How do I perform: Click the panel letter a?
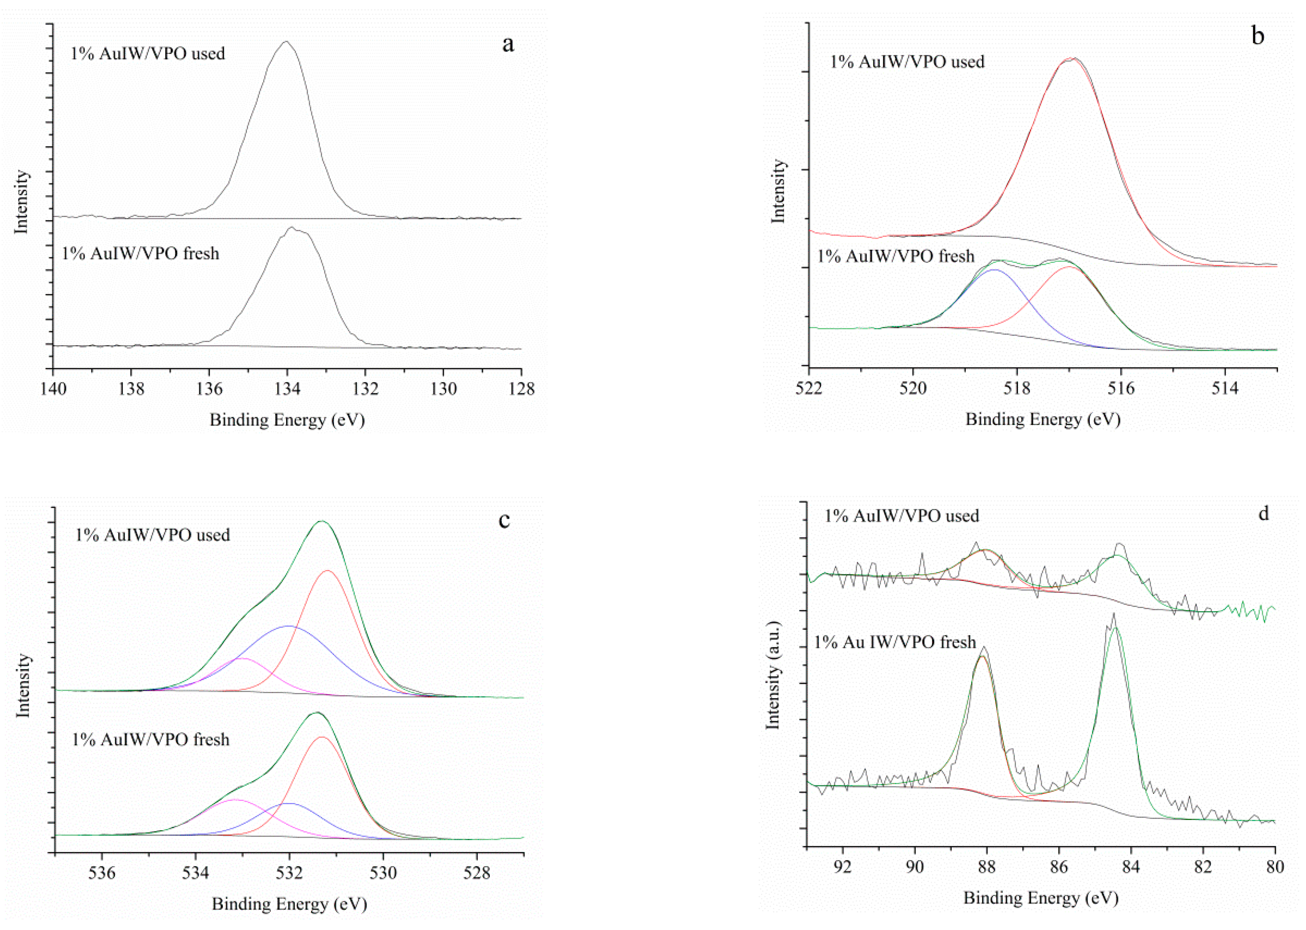coord(508,44)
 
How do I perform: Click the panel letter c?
coord(504,520)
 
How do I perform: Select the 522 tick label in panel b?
coord(809,389)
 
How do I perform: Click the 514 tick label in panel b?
coord(1224,389)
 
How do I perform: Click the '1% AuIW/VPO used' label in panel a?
coord(148,54)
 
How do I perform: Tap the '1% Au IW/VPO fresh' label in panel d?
coord(895,642)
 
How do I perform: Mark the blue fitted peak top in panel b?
coord(994,269)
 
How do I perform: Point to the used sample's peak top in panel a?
coord(286,42)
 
